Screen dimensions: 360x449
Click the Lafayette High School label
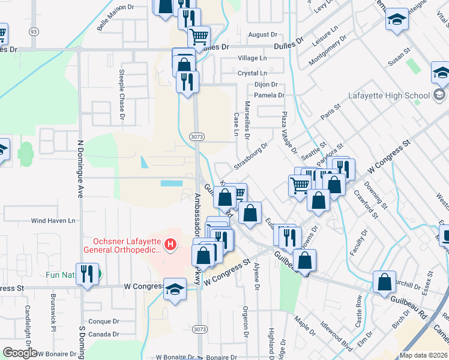tap(389, 95)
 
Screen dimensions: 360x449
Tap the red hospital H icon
tap(170, 245)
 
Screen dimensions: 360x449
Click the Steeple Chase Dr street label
tap(121, 95)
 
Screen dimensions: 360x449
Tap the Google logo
tap(20, 353)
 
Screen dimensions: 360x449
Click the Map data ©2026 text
tap(424, 355)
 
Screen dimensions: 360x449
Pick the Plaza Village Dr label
tap(288, 133)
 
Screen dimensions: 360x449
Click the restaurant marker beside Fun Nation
tap(88, 275)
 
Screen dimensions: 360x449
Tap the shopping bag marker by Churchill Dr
tap(384, 282)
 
